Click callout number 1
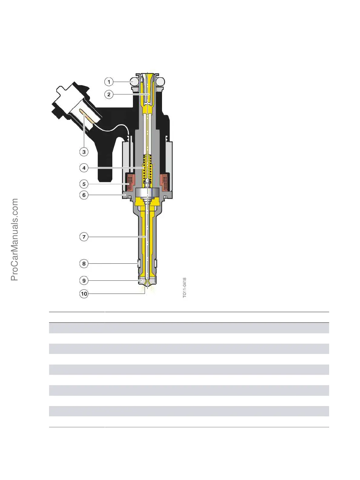pyautogui.click(x=109, y=82)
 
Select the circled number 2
pyautogui.click(x=109, y=94)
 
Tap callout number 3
pyautogui.click(x=84, y=152)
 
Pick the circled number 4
pyautogui.click(x=84, y=168)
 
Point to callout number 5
pyautogui.click(x=84, y=184)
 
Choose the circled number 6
pyautogui.click(x=84, y=195)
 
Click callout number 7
pyautogui.click(x=84, y=237)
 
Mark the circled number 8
pyautogui.click(x=84, y=263)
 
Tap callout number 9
pyautogui.click(x=84, y=280)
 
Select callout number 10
pyautogui.click(x=84, y=293)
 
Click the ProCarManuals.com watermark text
pyautogui.click(x=15, y=239)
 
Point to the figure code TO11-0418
pyautogui.click(x=185, y=288)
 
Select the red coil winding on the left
pyautogui.click(x=130, y=182)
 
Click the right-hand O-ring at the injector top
pyautogui.click(x=161, y=81)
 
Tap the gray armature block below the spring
pyautogui.click(x=147, y=192)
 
